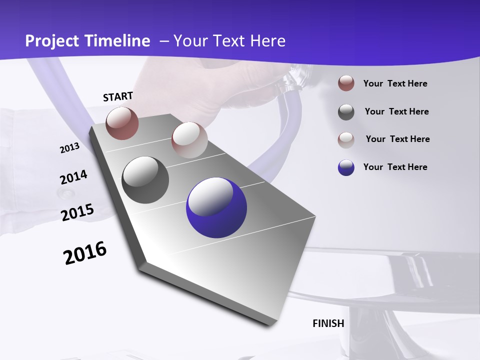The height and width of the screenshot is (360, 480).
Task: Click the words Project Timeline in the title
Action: [87, 41]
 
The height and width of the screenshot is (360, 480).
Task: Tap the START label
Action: [118, 96]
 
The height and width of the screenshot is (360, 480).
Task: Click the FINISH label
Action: [328, 323]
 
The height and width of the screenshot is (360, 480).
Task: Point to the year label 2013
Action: [69, 148]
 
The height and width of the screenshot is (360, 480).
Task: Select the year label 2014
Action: [73, 177]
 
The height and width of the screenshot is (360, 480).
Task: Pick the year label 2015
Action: [77, 212]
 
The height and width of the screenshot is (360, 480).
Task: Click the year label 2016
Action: [85, 253]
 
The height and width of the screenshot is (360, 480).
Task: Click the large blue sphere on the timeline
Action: [216, 207]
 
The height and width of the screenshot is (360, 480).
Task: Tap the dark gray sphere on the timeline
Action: [145, 180]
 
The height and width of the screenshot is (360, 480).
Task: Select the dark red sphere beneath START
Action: [122, 123]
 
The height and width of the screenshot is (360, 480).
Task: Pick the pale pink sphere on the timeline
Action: [189, 140]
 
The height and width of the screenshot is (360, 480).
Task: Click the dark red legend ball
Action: [346, 83]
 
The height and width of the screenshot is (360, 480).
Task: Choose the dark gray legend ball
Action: [346, 112]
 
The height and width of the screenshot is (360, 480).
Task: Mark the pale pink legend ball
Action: [346, 139]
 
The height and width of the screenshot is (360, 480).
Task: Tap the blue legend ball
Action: [346, 167]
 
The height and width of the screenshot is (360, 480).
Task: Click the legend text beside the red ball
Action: [395, 83]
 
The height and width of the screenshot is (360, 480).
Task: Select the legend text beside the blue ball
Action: [395, 167]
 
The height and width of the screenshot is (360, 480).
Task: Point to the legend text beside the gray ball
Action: [396, 111]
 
